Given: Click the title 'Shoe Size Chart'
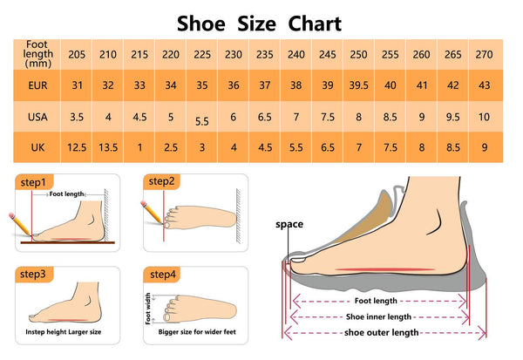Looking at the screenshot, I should pyautogui.click(x=259, y=23).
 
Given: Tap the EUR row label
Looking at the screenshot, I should pyautogui.click(x=37, y=86).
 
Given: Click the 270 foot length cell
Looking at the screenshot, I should pyautogui.click(x=484, y=55).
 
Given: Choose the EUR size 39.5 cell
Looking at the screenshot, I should pyautogui.click(x=358, y=86).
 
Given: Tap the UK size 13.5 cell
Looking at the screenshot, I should pyautogui.click(x=108, y=147).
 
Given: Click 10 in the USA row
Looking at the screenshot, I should pyautogui.click(x=484, y=117).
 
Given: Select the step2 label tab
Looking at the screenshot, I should pyautogui.click(x=162, y=181).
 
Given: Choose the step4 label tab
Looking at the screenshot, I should pyautogui.click(x=162, y=274).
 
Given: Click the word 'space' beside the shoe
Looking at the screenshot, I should pyautogui.click(x=289, y=224).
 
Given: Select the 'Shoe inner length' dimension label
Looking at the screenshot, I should pyautogui.click(x=378, y=316).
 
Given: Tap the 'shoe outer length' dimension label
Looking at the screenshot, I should pyautogui.click(x=380, y=332).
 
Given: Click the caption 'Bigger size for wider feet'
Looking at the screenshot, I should pyautogui.click(x=195, y=332).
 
